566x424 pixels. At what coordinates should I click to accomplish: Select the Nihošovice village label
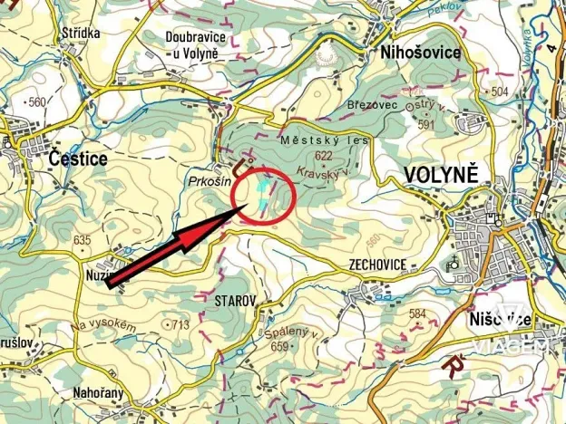pos(421,53)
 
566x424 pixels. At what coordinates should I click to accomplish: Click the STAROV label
pos(237,300)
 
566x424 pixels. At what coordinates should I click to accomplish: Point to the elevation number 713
pos(179,324)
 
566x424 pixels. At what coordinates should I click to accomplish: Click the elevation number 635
pos(82,240)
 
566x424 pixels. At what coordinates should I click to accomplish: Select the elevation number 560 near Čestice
pos(36,101)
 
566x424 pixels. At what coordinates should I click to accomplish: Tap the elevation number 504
pos(498,92)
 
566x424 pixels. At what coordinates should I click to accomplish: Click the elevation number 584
pos(417,313)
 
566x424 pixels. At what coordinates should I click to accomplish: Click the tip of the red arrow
pos(245,207)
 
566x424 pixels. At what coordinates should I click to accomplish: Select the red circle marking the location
pos(263,194)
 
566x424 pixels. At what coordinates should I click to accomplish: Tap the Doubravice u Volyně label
pos(192,44)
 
